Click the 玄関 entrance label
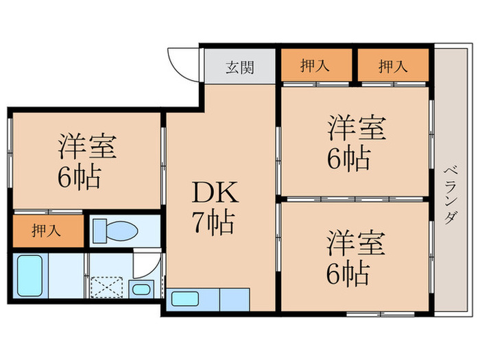[239, 67]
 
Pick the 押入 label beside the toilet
[46, 230]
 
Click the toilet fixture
[115, 230]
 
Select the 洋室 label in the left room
[86, 146]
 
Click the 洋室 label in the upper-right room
[356, 128]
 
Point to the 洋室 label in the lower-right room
[356, 243]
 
